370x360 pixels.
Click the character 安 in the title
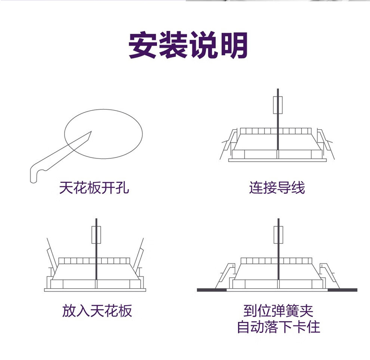pyautogui.click(x=143, y=45)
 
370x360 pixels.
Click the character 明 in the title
pyautogui.click(x=232, y=45)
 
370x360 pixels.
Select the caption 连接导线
pyautogui.click(x=277, y=188)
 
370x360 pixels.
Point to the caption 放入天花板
pyautogui.click(x=97, y=310)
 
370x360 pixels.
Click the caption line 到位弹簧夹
pyautogui.click(x=278, y=310)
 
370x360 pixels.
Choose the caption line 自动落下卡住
pyautogui.click(x=278, y=327)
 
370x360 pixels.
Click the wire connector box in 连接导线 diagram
pyautogui.click(x=278, y=105)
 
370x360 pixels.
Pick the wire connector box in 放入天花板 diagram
pyautogui.click(x=96, y=234)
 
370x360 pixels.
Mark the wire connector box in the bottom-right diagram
pyautogui.click(x=278, y=234)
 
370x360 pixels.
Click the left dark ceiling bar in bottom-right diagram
pyautogui.click(x=212, y=290)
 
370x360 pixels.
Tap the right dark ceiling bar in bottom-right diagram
pyautogui.click(x=342, y=290)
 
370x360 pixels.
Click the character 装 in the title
pyautogui.click(x=173, y=45)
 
